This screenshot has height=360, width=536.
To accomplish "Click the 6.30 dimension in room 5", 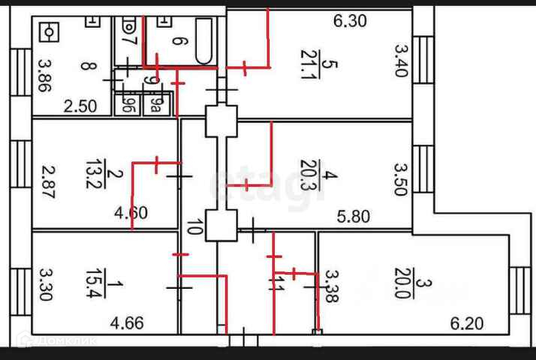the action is pos(350,21).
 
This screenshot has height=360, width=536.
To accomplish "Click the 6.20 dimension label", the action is pos(467,324).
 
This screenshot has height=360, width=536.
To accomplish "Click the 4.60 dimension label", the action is pos(131,212).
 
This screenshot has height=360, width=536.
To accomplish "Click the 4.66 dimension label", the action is pos(127,324).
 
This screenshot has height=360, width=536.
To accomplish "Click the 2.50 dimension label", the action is pos(80,106).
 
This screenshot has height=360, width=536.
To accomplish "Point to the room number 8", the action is pos(89,66).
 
